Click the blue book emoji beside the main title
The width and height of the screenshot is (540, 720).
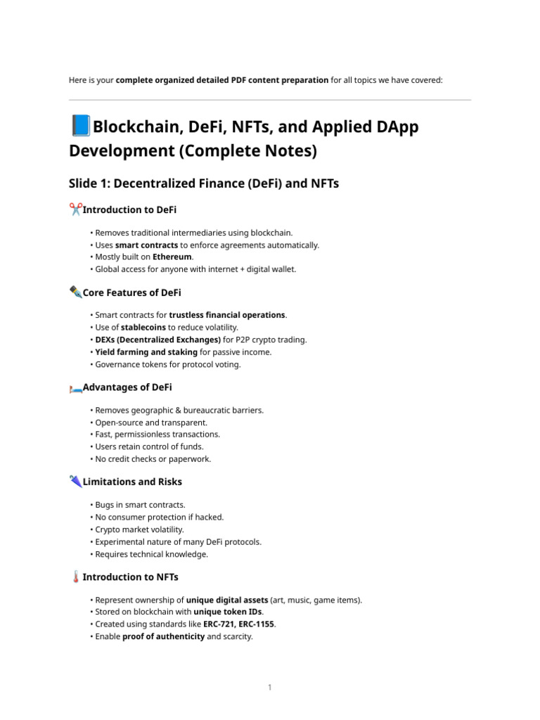[x=81, y=127]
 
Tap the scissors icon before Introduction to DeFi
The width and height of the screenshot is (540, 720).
[x=75, y=210]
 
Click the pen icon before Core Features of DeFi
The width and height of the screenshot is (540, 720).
[x=75, y=292]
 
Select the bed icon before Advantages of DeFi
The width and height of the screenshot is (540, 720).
[x=75, y=388]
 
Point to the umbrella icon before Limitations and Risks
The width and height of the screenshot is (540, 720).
[x=75, y=482]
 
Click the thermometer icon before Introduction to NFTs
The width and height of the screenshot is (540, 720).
[x=75, y=577]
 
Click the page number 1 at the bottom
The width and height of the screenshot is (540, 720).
[x=269, y=687]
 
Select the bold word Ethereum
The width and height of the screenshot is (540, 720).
[x=172, y=257]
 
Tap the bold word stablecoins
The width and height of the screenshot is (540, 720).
[x=143, y=327]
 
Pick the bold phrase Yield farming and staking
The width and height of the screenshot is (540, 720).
[x=146, y=352]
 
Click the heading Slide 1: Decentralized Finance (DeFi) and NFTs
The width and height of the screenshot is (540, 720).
[x=204, y=184]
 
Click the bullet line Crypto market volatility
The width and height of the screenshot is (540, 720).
[x=139, y=529]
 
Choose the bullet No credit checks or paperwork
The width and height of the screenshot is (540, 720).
[x=153, y=459]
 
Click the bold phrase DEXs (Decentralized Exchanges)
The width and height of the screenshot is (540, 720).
[x=158, y=340]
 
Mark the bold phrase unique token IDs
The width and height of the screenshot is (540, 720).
[x=226, y=612]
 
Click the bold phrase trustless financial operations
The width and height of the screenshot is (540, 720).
[x=227, y=315]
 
